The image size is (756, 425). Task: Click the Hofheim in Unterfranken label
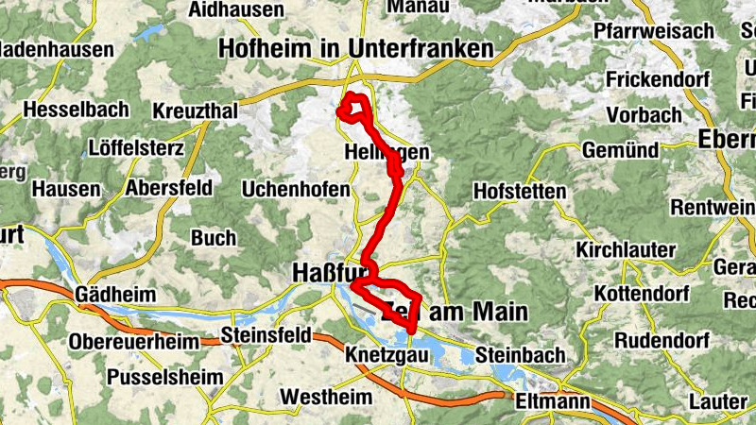coord(356,48)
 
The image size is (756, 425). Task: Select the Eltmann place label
coord(554,402)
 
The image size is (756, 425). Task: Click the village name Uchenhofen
coord(296,190)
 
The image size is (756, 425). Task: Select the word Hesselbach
coord(76,110)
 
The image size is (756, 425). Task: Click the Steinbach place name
coord(521,355)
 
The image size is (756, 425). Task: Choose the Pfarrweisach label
coord(653,31)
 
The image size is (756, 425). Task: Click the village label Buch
coord(214,237)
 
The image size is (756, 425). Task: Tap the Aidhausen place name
coord(236,9)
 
